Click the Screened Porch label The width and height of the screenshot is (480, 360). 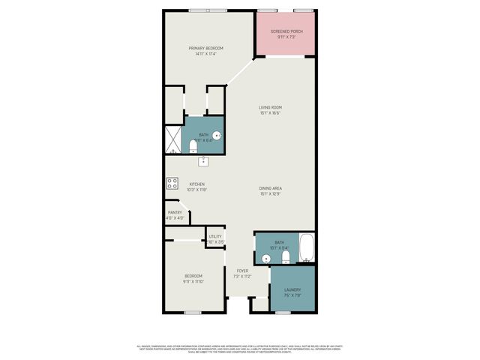(285, 32)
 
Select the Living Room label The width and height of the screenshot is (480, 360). (270, 107)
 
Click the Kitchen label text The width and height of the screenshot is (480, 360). (196, 184)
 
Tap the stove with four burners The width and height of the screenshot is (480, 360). (172, 183)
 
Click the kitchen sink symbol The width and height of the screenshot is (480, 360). (202, 160)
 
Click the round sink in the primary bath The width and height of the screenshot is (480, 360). (217, 136)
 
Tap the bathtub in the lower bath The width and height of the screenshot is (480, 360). (307, 249)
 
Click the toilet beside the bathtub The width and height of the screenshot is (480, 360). (286, 257)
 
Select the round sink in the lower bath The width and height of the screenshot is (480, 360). (266, 258)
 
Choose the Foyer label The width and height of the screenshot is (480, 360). (242, 271)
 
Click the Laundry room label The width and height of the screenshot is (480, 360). (292, 289)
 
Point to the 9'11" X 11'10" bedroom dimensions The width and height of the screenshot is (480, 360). (193, 282)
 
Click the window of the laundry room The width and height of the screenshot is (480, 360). (284, 311)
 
